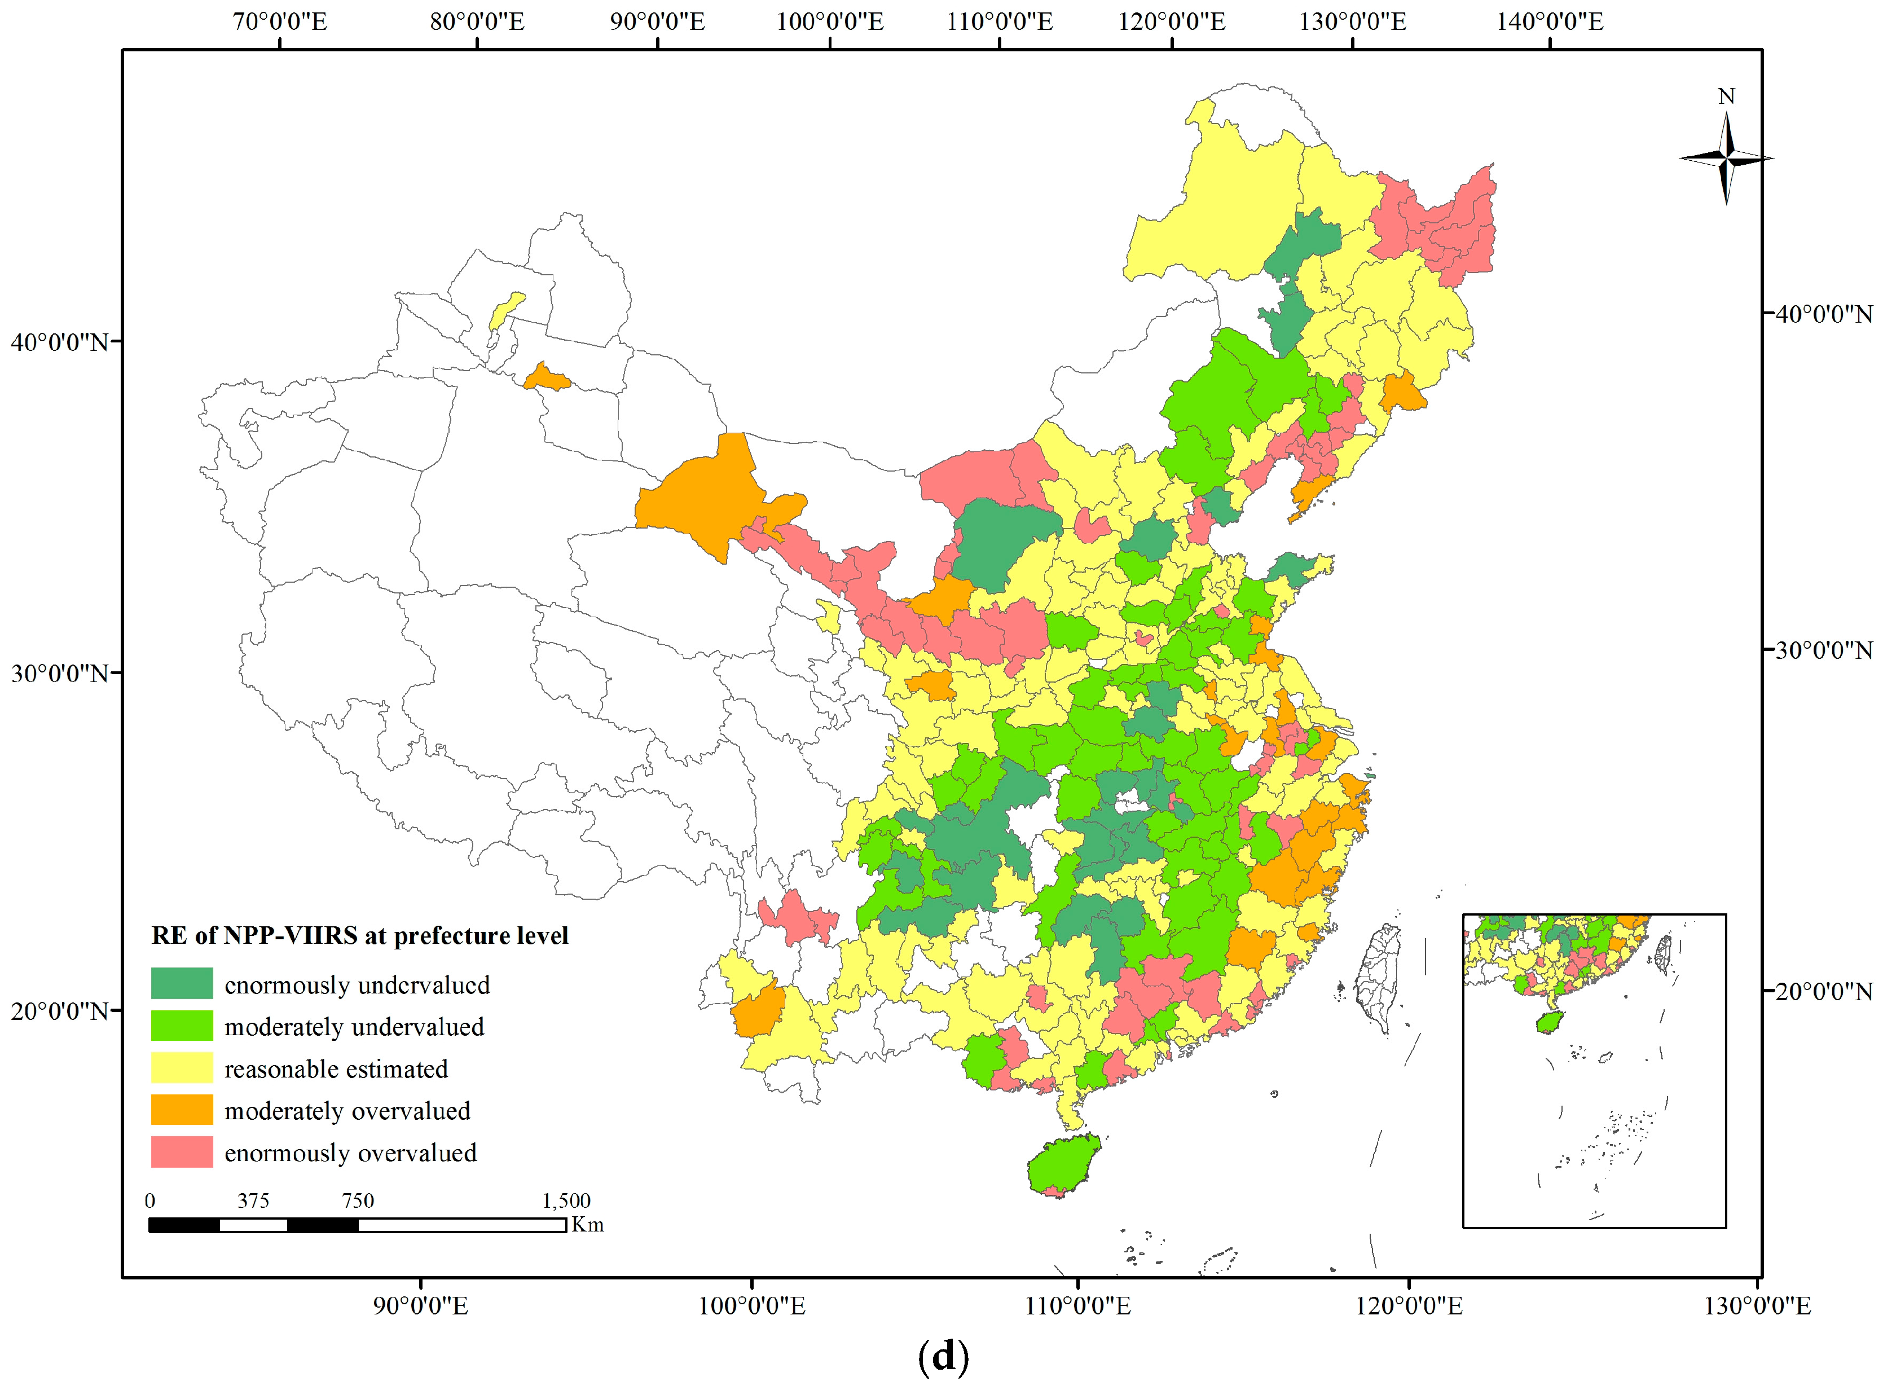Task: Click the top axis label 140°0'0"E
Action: [1550, 21]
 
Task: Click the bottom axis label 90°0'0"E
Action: [421, 1306]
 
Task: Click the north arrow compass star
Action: [1727, 158]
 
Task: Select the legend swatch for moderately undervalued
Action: [182, 1026]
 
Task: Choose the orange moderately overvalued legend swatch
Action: [182, 1110]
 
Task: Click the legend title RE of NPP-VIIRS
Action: [359, 936]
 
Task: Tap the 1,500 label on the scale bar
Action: [566, 1200]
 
